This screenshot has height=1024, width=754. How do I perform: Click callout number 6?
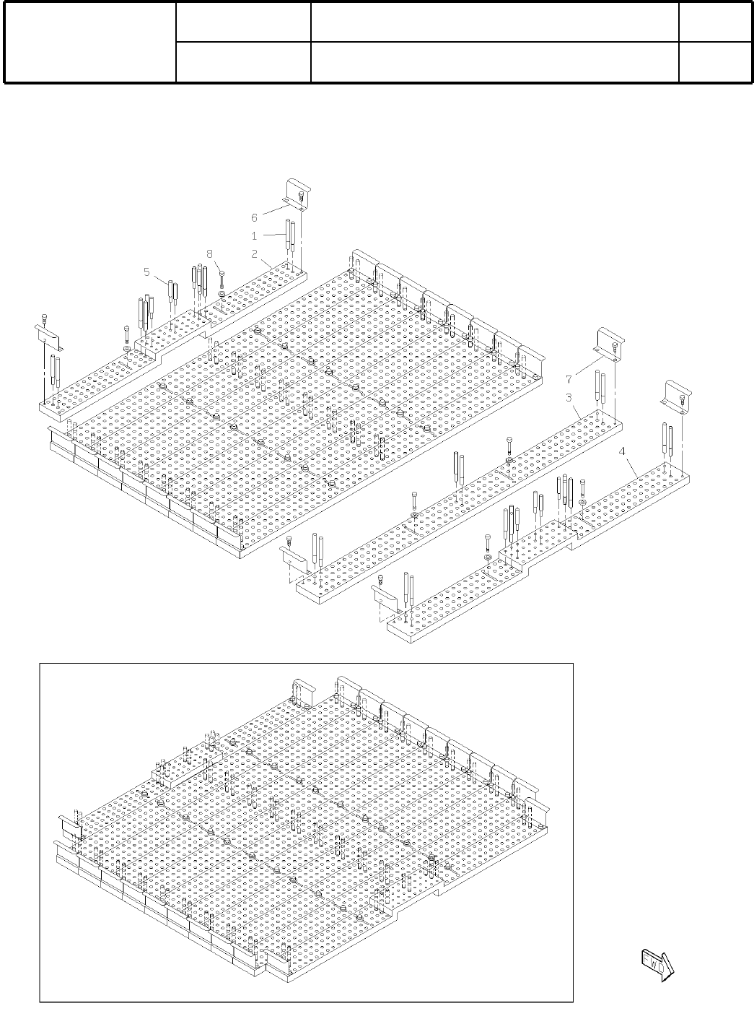pos(254,217)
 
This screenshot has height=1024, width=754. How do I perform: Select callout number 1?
pos(254,235)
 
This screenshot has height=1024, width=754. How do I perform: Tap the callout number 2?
pos(254,253)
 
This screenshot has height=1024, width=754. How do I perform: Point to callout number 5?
pos(146,272)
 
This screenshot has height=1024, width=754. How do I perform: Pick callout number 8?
pos(210,253)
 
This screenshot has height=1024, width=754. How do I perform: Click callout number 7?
pos(569,378)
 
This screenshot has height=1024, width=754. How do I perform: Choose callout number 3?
pos(569,397)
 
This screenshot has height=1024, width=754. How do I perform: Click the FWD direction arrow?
pos(656,963)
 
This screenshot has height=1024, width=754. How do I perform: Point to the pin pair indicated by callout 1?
pos(289,235)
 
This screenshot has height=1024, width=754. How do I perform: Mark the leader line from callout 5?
pos(160,280)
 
